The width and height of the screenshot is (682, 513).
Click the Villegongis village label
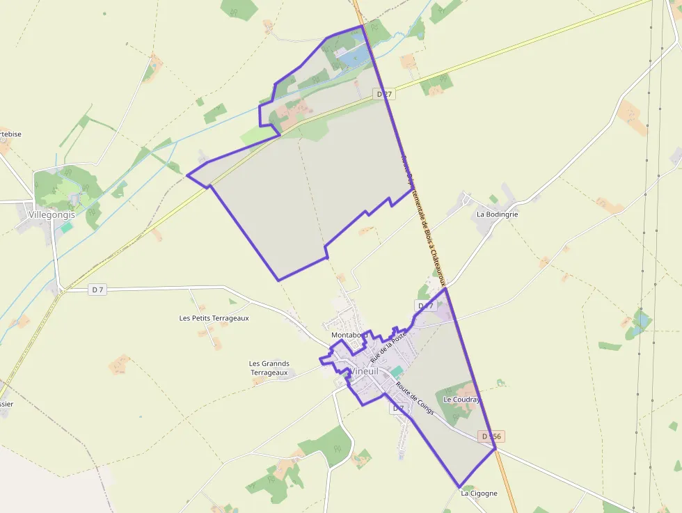point(51,215)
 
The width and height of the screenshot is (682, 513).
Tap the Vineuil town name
point(365,371)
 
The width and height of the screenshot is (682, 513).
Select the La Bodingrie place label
point(497,214)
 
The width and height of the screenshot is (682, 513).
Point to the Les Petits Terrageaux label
point(214,318)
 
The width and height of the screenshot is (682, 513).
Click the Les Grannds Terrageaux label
point(269,368)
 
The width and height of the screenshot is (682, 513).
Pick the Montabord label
point(349,335)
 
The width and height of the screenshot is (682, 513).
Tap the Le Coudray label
point(461,400)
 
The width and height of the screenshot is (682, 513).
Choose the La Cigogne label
point(479,493)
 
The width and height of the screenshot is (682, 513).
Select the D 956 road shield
point(491,436)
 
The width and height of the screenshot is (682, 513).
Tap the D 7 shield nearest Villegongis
point(97,290)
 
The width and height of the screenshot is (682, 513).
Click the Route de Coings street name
point(415,398)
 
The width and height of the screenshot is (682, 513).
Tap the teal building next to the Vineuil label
point(396,372)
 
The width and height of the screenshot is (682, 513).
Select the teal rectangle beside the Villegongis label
point(67,227)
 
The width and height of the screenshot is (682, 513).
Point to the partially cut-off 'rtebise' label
point(10,134)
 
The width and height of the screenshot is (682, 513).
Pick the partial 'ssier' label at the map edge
point(6,404)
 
